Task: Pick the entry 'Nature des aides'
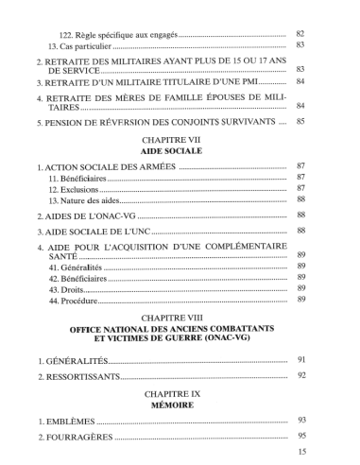point(84,200)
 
